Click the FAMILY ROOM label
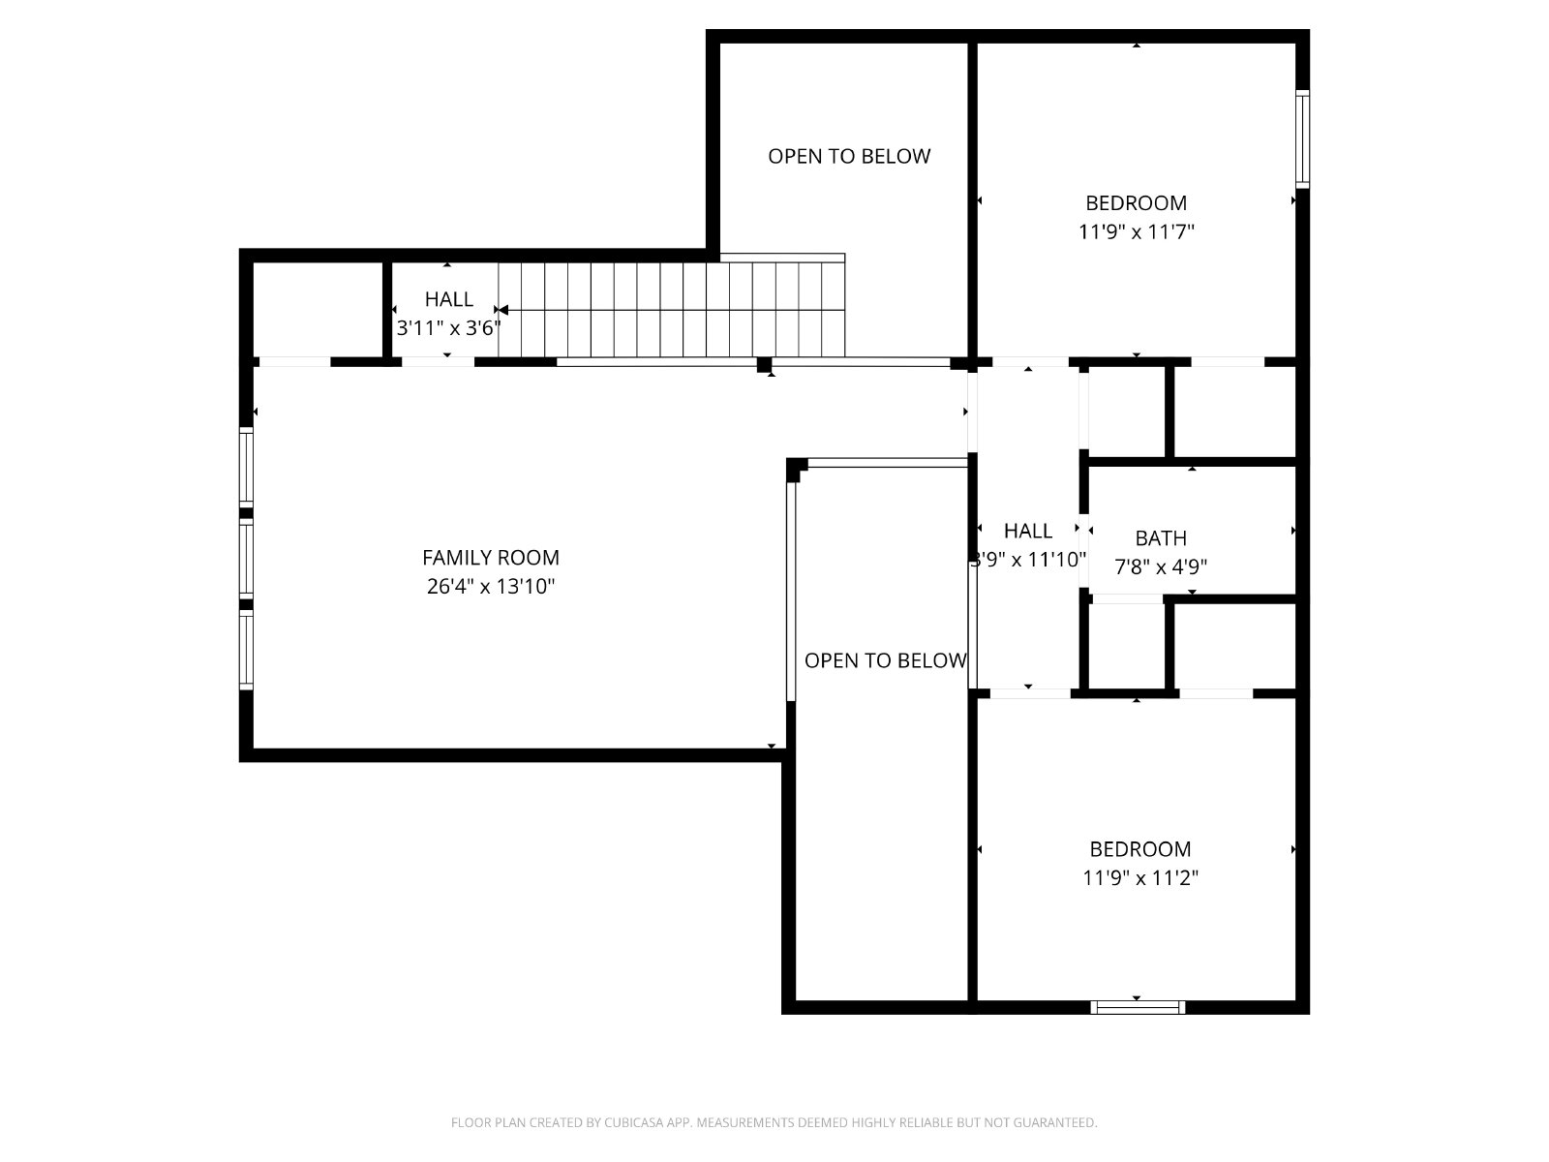pos(491,558)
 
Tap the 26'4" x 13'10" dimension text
pos(491,586)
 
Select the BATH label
pos(1160,538)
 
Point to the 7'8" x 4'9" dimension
pos(1160,566)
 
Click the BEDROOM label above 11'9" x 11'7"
pos(1136,203)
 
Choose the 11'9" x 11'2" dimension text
pos(1140,877)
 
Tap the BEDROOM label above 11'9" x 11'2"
pos(1139,849)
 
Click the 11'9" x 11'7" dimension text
pos(1136,231)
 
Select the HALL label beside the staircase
pos(449,299)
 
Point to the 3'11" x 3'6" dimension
pos(449,328)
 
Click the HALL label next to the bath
pos(1027,531)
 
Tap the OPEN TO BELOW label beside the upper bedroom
pos(849,156)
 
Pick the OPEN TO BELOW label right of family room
pos(885,660)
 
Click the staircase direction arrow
pos(670,310)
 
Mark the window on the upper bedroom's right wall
pos(1302,139)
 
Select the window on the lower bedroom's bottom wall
pos(1137,1007)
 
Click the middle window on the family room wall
pos(246,558)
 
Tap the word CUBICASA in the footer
pos(629,1121)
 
